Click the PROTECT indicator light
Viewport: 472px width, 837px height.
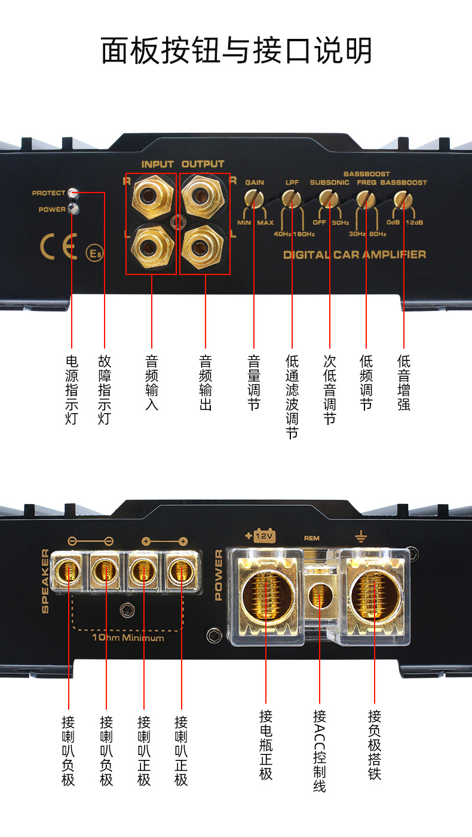(x=73, y=193)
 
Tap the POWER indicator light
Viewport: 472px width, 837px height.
(x=73, y=209)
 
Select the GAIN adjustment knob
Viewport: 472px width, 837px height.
(x=255, y=198)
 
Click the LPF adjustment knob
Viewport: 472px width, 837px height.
(x=292, y=198)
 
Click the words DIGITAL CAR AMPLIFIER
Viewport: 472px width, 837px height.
(x=354, y=255)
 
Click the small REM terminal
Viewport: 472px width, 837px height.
(x=318, y=596)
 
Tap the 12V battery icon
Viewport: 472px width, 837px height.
(x=263, y=536)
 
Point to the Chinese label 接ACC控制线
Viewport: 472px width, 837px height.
(x=319, y=751)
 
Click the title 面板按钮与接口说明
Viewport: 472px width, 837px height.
(x=236, y=51)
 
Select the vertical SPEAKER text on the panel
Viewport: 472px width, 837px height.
(x=45, y=572)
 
